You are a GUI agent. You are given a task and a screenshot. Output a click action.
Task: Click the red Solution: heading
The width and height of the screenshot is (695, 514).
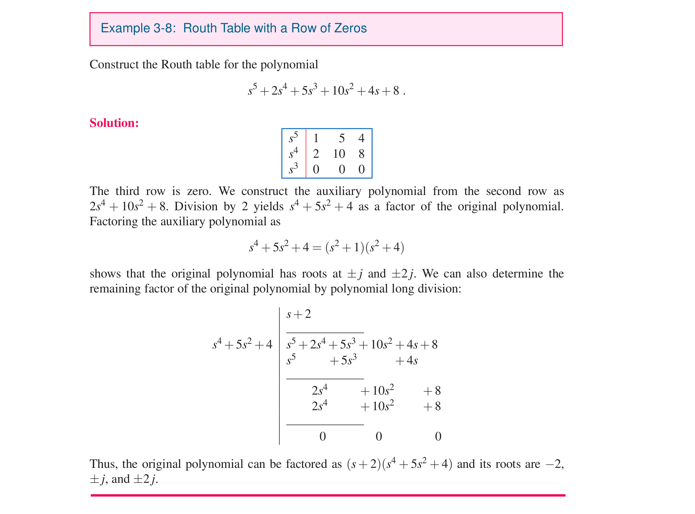click(x=114, y=123)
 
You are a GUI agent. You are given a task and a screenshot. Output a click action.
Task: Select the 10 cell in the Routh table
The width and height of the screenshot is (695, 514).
click(x=339, y=154)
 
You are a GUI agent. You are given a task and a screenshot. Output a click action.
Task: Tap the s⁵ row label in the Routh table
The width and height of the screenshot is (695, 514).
click(x=293, y=138)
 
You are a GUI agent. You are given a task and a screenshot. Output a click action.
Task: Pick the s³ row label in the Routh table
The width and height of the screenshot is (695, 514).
click(x=293, y=169)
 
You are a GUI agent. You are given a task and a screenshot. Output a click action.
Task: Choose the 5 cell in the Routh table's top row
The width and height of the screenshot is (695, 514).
click(x=342, y=138)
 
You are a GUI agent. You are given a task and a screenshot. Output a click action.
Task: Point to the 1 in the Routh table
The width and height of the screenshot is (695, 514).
click(x=316, y=138)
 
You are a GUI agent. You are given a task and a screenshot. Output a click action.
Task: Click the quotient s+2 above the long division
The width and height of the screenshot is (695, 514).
click(x=299, y=314)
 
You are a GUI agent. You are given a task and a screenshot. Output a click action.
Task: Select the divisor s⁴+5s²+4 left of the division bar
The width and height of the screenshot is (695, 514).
click(x=242, y=344)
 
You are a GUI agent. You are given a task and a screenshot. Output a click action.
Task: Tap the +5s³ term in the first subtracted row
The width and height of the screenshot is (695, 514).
click(x=343, y=360)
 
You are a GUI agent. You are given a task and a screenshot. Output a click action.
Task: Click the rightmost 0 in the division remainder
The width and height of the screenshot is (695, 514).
click(x=438, y=436)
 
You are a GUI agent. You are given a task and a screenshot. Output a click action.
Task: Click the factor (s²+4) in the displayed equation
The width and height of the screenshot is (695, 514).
click(x=385, y=247)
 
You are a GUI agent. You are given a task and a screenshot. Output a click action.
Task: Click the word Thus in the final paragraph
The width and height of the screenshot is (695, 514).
click(x=103, y=464)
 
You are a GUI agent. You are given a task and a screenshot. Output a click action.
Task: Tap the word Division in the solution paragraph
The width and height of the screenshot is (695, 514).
click(x=196, y=207)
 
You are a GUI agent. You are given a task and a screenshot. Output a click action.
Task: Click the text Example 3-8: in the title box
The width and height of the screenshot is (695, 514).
click(x=138, y=28)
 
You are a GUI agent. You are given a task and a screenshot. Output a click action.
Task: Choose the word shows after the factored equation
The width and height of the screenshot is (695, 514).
click(x=105, y=274)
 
